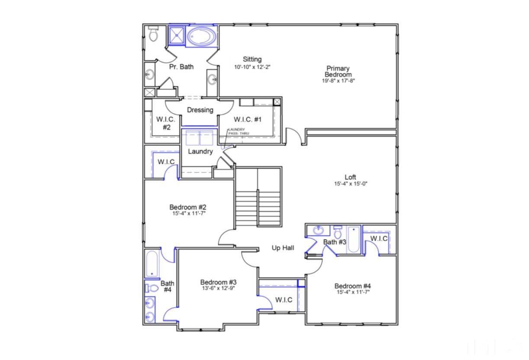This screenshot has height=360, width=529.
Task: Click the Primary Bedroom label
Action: coord(338,71)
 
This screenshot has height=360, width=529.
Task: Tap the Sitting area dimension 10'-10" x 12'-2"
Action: coord(252,67)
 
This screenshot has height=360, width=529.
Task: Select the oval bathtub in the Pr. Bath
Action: coord(202,36)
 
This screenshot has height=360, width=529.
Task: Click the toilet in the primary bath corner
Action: coord(153,33)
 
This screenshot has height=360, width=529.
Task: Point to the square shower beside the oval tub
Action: coord(176,35)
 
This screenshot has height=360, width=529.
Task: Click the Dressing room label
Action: coord(200,110)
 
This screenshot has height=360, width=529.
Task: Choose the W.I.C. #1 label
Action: coord(248,119)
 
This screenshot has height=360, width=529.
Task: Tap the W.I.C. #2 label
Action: coord(166,123)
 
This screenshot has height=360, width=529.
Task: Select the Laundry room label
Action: coord(200,151)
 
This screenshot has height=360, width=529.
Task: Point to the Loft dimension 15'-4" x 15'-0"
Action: coord(350,183)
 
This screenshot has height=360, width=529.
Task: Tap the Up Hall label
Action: coord(283,248)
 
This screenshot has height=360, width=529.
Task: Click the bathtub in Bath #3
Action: coord(353,239)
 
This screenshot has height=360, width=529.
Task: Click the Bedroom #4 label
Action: coord(352,286)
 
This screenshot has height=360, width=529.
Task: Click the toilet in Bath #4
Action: coord(151,288)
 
